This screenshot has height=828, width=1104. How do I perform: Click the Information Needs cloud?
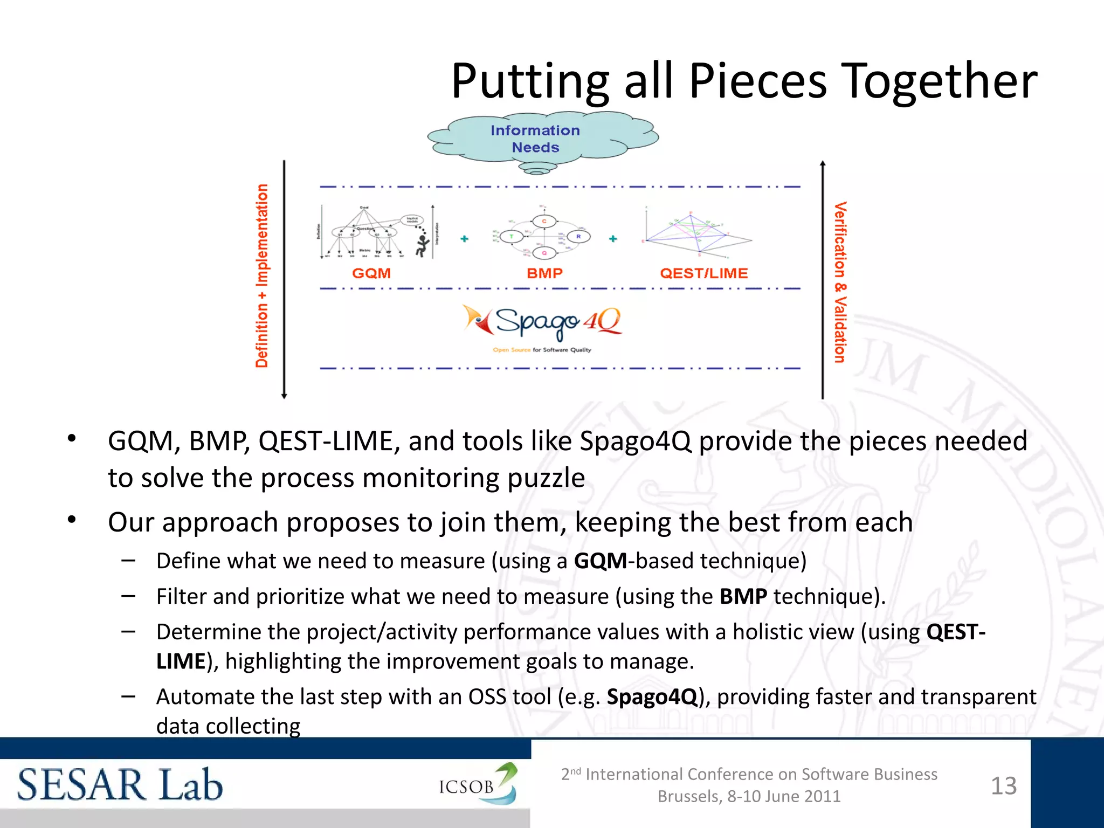pos(535,139)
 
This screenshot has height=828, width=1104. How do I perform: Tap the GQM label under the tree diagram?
pos(371,273)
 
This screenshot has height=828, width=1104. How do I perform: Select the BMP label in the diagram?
pos(544,273)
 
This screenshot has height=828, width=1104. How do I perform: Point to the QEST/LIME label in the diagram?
pos(703,273)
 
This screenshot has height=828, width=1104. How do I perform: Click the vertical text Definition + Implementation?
pos(262,276)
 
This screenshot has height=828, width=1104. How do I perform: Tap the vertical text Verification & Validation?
pos(840,282)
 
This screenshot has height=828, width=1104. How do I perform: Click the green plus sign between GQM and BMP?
pos(464,238)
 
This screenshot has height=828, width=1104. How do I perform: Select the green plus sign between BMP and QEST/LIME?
pos(613,238)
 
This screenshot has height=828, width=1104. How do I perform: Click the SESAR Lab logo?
pos(120,785)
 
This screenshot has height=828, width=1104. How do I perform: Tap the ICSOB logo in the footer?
pos(478,785)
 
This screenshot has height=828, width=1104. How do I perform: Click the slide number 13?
pos(1004,786)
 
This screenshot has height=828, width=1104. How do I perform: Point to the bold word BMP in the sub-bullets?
pos(743,597)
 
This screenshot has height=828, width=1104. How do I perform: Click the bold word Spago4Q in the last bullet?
pos(652,697)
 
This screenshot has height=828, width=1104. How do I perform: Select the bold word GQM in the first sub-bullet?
pos(600,561)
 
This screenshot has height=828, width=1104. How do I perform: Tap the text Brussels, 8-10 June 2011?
pos(749,796)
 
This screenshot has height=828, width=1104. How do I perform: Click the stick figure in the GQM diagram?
pos(422,245)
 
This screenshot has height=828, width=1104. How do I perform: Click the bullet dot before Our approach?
pos(72,520)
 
